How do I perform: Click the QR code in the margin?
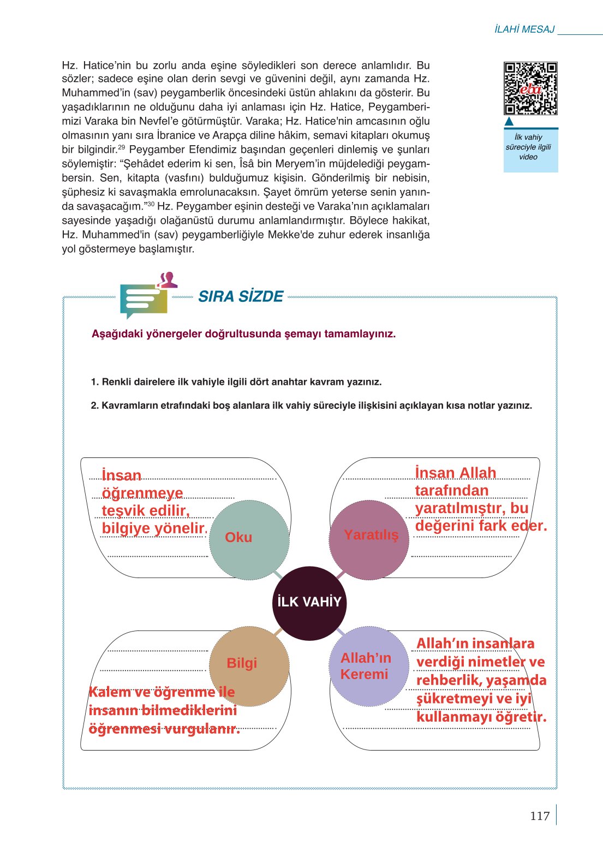tap(530, 88)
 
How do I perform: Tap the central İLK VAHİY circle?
tap(309, 602)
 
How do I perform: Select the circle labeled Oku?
tap(249, 539)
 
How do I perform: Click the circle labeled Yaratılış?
tap(369, 539)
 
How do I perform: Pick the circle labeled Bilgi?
tap(249, 666)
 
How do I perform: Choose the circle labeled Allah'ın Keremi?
tap(369, 666)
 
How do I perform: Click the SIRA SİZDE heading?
tap(241, 296)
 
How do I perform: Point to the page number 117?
tap(539, 816)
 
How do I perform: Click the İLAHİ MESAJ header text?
tap(524, 29)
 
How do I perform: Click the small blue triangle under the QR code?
tap(509, 121)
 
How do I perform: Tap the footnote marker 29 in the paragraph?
tap(122, 147)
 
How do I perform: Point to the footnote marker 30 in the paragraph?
tap(151, 204)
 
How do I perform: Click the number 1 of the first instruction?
tap(93, 382)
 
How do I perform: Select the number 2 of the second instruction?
tap(93, 406)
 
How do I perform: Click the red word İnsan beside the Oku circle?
tap(121, 475)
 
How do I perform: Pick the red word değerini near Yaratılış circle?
tap(444, 526)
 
